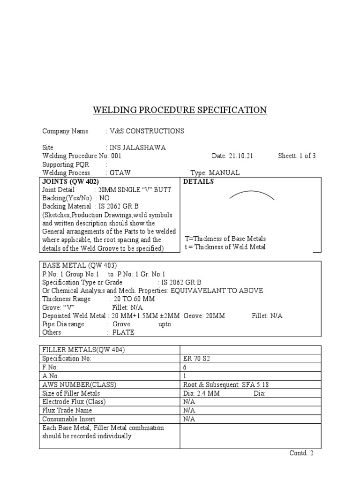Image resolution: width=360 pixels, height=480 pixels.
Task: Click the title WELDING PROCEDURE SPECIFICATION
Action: click(x=180, y=110)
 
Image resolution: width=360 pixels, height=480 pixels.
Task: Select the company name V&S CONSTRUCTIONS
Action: click(x=146, y=131)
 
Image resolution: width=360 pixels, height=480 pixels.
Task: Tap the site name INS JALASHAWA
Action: click(x=137, y=148)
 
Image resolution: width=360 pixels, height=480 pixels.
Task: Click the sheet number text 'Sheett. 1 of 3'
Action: click(x=297, y=156)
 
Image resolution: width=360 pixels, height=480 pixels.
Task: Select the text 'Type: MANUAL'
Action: click(x=215, y=173)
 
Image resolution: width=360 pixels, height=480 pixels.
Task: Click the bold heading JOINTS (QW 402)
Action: click(x=70, y=182)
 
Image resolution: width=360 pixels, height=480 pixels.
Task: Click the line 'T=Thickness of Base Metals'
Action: click(x=225, y=239)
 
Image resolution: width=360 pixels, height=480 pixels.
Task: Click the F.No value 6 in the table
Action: click(x=185, y=367)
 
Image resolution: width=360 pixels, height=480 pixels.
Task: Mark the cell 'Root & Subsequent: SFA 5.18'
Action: click(x=226, y=385)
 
